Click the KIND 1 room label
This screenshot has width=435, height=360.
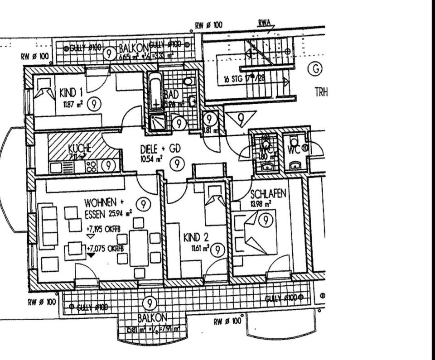point(71,94)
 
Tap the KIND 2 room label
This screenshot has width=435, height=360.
point(196,237)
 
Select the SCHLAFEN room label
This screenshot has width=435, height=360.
point(268,194)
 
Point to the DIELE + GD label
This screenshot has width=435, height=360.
point(159,148)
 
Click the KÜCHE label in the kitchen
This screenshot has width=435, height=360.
point(80,148)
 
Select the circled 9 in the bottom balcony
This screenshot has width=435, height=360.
point(149,303)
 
